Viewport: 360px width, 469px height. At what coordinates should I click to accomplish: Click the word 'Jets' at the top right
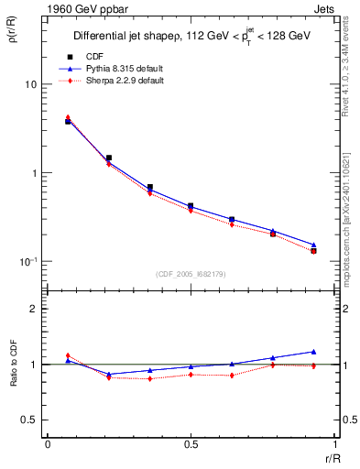tap(324, 9)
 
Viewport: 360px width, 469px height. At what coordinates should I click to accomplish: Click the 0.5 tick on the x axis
tap(191, 445)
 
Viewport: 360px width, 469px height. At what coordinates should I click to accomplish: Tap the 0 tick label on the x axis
tap(48, 445)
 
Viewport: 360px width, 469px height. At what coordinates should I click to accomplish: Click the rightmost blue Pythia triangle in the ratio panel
tap(313, 352)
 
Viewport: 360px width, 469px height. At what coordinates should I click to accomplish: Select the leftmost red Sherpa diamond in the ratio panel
tap(68, 355)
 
